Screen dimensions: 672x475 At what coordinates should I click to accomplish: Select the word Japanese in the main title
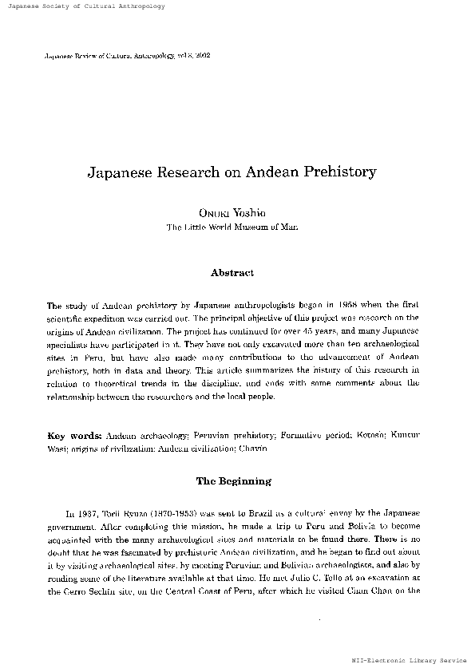click(128, 172)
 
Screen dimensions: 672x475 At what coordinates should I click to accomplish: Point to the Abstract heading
click(232, 273)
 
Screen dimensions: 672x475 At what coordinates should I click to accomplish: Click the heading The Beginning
click(233, 481)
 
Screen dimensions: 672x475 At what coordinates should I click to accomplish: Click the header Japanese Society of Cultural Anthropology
click(83, 6)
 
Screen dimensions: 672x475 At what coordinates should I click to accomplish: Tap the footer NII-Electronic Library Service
click(409, 662)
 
